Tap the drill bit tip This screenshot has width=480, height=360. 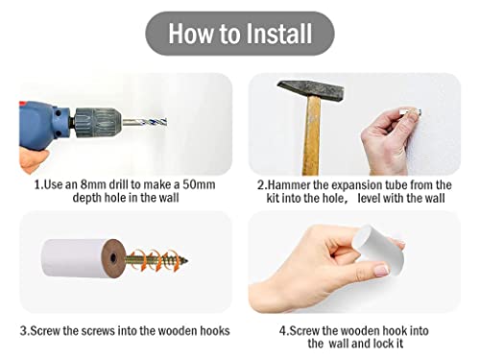tap(166, 122)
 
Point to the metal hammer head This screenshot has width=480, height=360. tap(311, 90)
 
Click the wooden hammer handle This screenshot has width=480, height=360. tap(311, 136)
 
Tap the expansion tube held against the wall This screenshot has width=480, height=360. tap(411, 111)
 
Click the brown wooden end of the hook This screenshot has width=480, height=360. tap(113, 257)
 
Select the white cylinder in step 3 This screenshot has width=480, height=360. tap(74, 258)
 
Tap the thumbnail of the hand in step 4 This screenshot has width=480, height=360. tap(381, 271)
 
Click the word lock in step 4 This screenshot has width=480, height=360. tap(384, 344)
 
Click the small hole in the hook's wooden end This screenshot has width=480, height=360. tap(113, 258)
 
